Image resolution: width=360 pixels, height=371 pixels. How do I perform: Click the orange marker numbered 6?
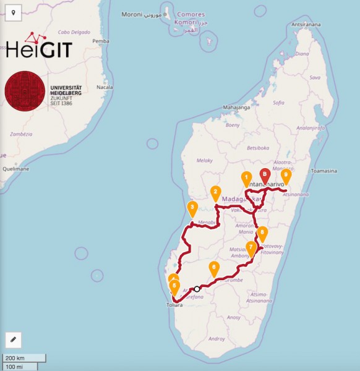point(214,268)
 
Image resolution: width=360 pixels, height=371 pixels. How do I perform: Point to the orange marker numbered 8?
point(262,234)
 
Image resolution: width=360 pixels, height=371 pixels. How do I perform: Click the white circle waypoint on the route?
point(197,289)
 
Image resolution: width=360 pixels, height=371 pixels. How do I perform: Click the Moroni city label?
point(131,14)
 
